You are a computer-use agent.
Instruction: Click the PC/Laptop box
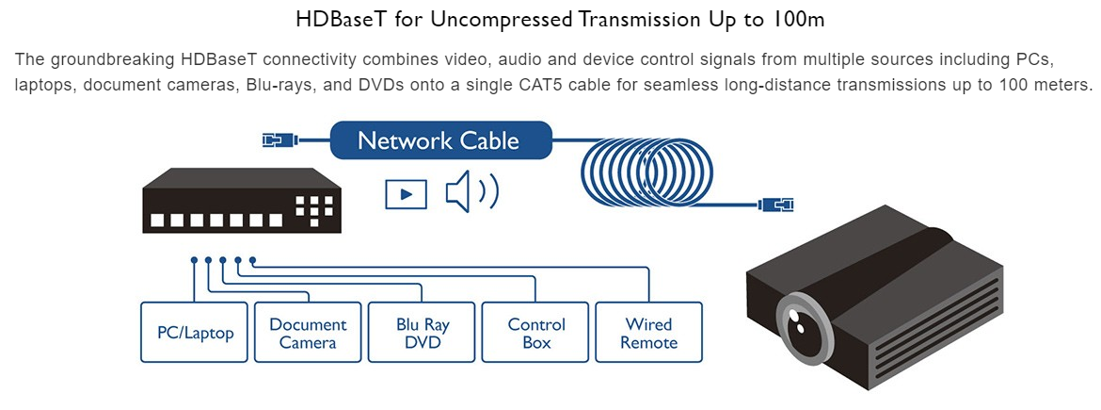[x=195, y=332]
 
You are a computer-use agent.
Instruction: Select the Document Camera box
[x=308, y=333]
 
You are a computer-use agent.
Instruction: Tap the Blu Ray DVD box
[x=423, y=333]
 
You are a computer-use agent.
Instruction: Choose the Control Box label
[x=536, y=333]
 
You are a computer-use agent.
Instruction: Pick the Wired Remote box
[x=649, y=333]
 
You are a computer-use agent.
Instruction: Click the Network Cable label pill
[x=439, y=141]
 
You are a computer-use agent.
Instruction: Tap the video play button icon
[x=406, y=193]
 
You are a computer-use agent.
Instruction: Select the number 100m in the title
[x=782, y=19]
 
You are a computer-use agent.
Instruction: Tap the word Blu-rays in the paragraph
[x=277, y=84]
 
